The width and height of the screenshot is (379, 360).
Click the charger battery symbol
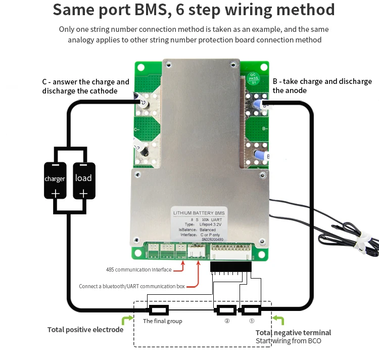click(x=55, y=180)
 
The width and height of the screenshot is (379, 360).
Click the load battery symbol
click(x=83, y=180)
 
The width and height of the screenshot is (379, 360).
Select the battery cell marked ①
click(x=251, y=310)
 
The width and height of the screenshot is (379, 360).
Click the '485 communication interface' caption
click(x=138, y=269)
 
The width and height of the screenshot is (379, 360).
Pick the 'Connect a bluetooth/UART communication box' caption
click(x=131, y=286)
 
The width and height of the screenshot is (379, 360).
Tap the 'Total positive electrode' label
click(x=85, y=330)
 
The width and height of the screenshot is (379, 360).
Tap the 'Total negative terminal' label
click(x=293, y=333)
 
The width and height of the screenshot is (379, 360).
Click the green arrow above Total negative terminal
click(x=278, y=320)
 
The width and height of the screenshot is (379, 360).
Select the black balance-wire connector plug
click(x=230, y=266)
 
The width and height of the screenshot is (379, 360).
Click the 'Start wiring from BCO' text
click(x=288, y=341)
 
